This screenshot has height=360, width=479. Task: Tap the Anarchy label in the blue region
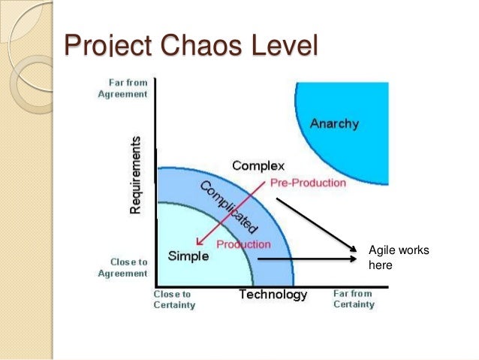334,123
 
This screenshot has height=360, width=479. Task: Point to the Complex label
258,165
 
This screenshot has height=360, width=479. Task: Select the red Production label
243,244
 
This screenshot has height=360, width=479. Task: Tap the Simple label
188,256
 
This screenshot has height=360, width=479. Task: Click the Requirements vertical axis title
135,174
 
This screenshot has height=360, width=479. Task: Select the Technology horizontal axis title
273,295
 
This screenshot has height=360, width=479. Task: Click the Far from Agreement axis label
123,89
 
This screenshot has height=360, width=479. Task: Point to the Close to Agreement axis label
123,268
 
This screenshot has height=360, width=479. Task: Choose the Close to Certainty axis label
174,299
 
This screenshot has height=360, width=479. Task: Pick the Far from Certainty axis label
352,299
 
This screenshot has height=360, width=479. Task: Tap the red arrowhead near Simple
197,243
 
